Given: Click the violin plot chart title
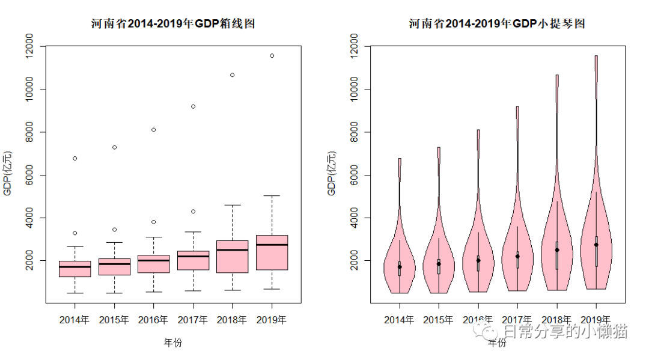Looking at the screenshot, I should coord(497,24).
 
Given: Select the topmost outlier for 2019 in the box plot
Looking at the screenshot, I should coord(272,55).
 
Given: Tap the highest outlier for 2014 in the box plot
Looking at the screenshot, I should coord(75,158).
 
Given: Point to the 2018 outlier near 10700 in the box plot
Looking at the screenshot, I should coord(233,75).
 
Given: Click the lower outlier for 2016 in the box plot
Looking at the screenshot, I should coord(154,222).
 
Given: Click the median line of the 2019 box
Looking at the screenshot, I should coord(272,245).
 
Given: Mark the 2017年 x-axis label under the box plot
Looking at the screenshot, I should coord(193,320).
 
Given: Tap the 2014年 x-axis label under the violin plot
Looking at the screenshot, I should coord(399,320).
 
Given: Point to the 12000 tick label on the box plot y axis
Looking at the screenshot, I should coord(31,46).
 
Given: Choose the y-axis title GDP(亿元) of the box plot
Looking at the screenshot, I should coord(8,174).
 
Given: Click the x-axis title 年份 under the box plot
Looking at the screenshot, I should coord(173,343).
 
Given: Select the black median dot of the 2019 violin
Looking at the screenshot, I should coord(596,245).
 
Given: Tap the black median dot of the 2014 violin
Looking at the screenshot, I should coord(399,266).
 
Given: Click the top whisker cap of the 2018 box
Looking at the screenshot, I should coord(233,205).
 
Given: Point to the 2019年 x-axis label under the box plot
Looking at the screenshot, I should coord(272,320).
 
